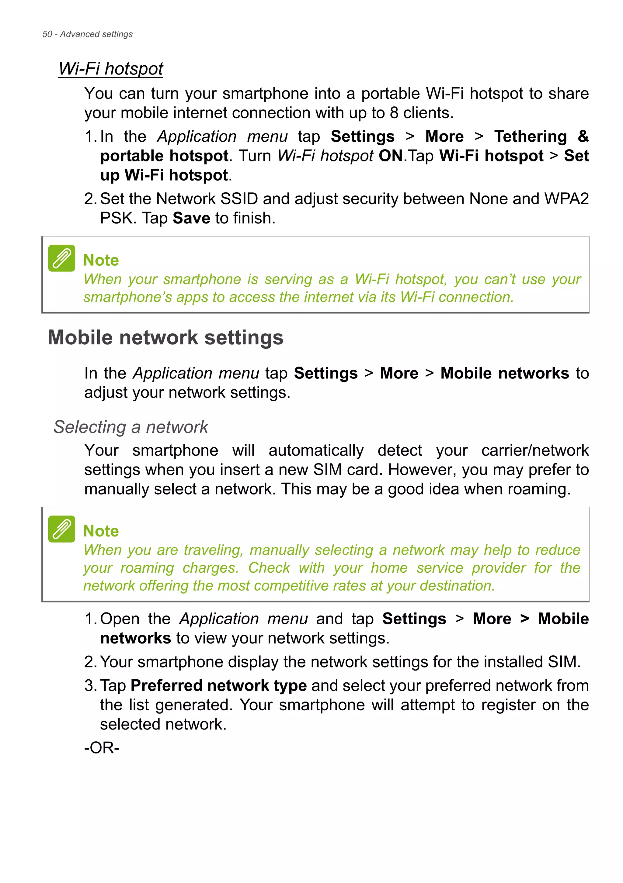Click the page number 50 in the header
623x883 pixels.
click(47, 34)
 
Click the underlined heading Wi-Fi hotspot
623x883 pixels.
click(110, 69)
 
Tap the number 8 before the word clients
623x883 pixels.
click(394, 113)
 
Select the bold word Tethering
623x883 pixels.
click(531, 136)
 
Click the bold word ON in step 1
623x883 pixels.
click(391, 156)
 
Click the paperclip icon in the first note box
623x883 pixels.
click(61, 258)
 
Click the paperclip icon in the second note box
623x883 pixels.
click(61, 529)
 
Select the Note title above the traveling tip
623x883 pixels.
click(101, 531)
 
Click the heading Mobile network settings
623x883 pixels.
click(165, 338)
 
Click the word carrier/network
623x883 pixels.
click(535, 450)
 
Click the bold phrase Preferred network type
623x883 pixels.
click(219, 686)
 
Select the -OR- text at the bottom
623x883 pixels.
click(102, 748)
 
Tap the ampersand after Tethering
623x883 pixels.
click(583, 136)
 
